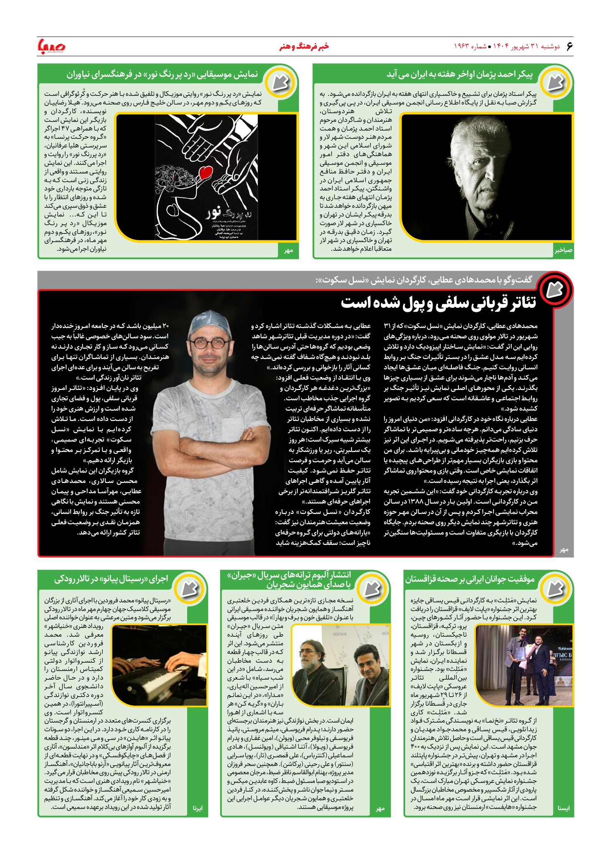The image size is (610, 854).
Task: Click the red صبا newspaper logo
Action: (52, 46)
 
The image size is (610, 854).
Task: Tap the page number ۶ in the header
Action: (569, 46)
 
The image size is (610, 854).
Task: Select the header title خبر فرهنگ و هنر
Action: (304, 46)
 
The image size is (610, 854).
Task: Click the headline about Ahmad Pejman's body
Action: (459, 74)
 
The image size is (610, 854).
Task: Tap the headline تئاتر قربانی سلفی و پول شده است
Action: (438, 303)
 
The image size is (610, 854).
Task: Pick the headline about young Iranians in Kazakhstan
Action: (470, 579)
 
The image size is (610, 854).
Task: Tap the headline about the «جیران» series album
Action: (288, 579)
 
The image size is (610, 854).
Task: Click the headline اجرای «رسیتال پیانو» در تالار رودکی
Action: (111, 579)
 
